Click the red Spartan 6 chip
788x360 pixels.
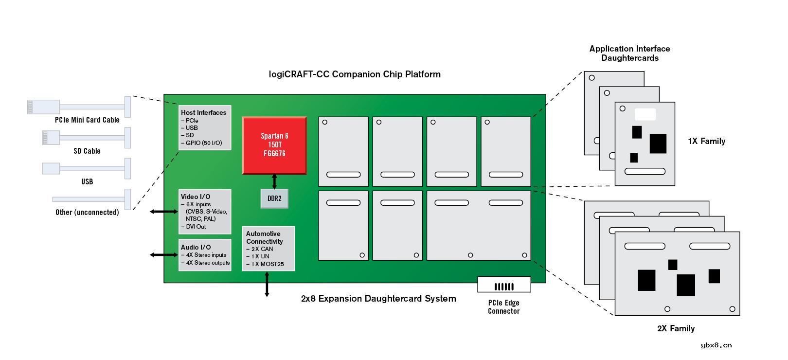274,145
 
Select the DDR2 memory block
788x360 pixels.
274,198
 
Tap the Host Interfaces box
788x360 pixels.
205,127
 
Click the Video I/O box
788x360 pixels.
205,212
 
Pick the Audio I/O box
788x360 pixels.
205,255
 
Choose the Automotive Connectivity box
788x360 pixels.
269,249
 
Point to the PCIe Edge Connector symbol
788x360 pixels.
504,285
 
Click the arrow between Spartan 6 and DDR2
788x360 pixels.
274,181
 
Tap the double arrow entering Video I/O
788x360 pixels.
164,211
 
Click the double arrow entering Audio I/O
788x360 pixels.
164,254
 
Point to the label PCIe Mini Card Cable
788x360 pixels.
87,120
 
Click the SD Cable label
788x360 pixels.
87,151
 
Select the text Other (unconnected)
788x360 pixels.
87,212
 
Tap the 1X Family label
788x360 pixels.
706,141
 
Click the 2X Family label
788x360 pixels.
676,328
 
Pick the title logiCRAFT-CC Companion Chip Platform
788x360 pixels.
355,74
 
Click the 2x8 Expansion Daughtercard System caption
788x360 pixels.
378,299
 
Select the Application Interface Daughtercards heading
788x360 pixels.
629,53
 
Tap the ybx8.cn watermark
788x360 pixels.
716,345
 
